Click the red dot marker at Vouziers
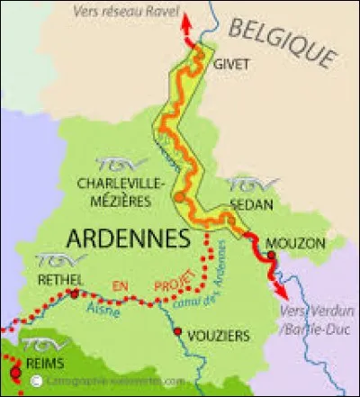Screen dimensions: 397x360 [x=177, y=332]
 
